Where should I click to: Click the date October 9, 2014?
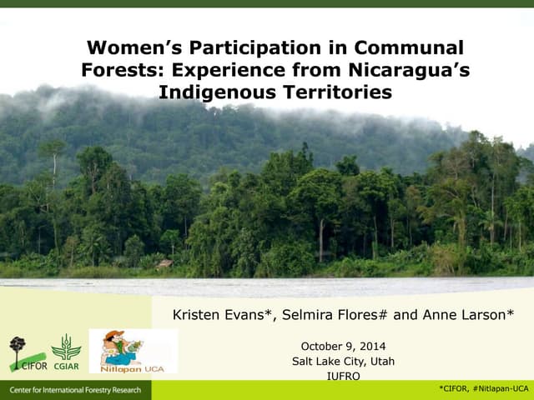pos(343,346)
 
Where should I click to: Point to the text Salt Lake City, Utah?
pos(343,361)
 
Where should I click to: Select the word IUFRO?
pos(343,376)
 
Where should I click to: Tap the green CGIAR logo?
pos(66,351)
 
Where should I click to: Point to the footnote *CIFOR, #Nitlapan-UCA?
pos(484,389)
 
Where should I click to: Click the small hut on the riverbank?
pos(165,264)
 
